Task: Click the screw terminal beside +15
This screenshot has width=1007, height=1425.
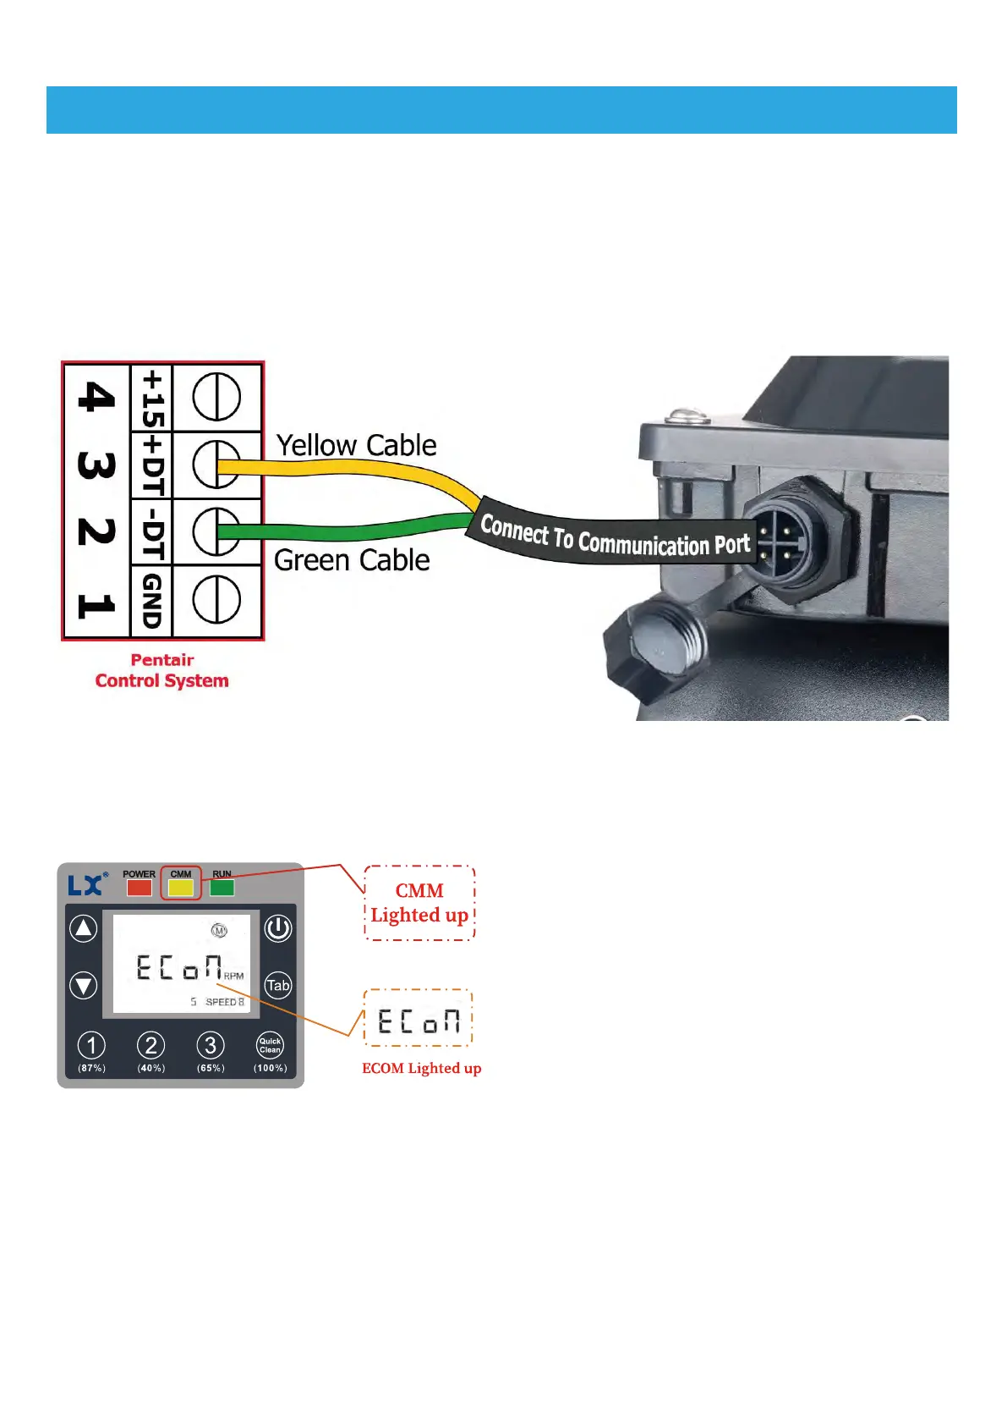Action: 216,397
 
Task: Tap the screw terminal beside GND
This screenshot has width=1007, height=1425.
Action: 216,600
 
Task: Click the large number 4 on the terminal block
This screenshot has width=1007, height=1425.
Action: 96,396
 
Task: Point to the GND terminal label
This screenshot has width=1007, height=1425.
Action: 151,600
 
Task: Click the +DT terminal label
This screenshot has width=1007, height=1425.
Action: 151,465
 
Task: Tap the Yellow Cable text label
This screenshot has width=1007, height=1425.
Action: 356,445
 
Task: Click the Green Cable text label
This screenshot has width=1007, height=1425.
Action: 352,560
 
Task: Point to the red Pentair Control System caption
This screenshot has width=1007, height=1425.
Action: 161,670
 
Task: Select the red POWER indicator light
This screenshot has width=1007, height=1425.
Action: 140,888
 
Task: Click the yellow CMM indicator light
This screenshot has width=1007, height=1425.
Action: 181,888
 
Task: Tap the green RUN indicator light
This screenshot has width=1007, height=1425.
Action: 222,888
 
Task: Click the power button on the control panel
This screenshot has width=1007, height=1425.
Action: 277,928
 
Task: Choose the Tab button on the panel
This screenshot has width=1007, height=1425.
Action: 277,985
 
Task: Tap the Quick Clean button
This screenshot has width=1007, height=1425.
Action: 270,1046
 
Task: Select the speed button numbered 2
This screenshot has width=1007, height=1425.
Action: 151,1046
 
